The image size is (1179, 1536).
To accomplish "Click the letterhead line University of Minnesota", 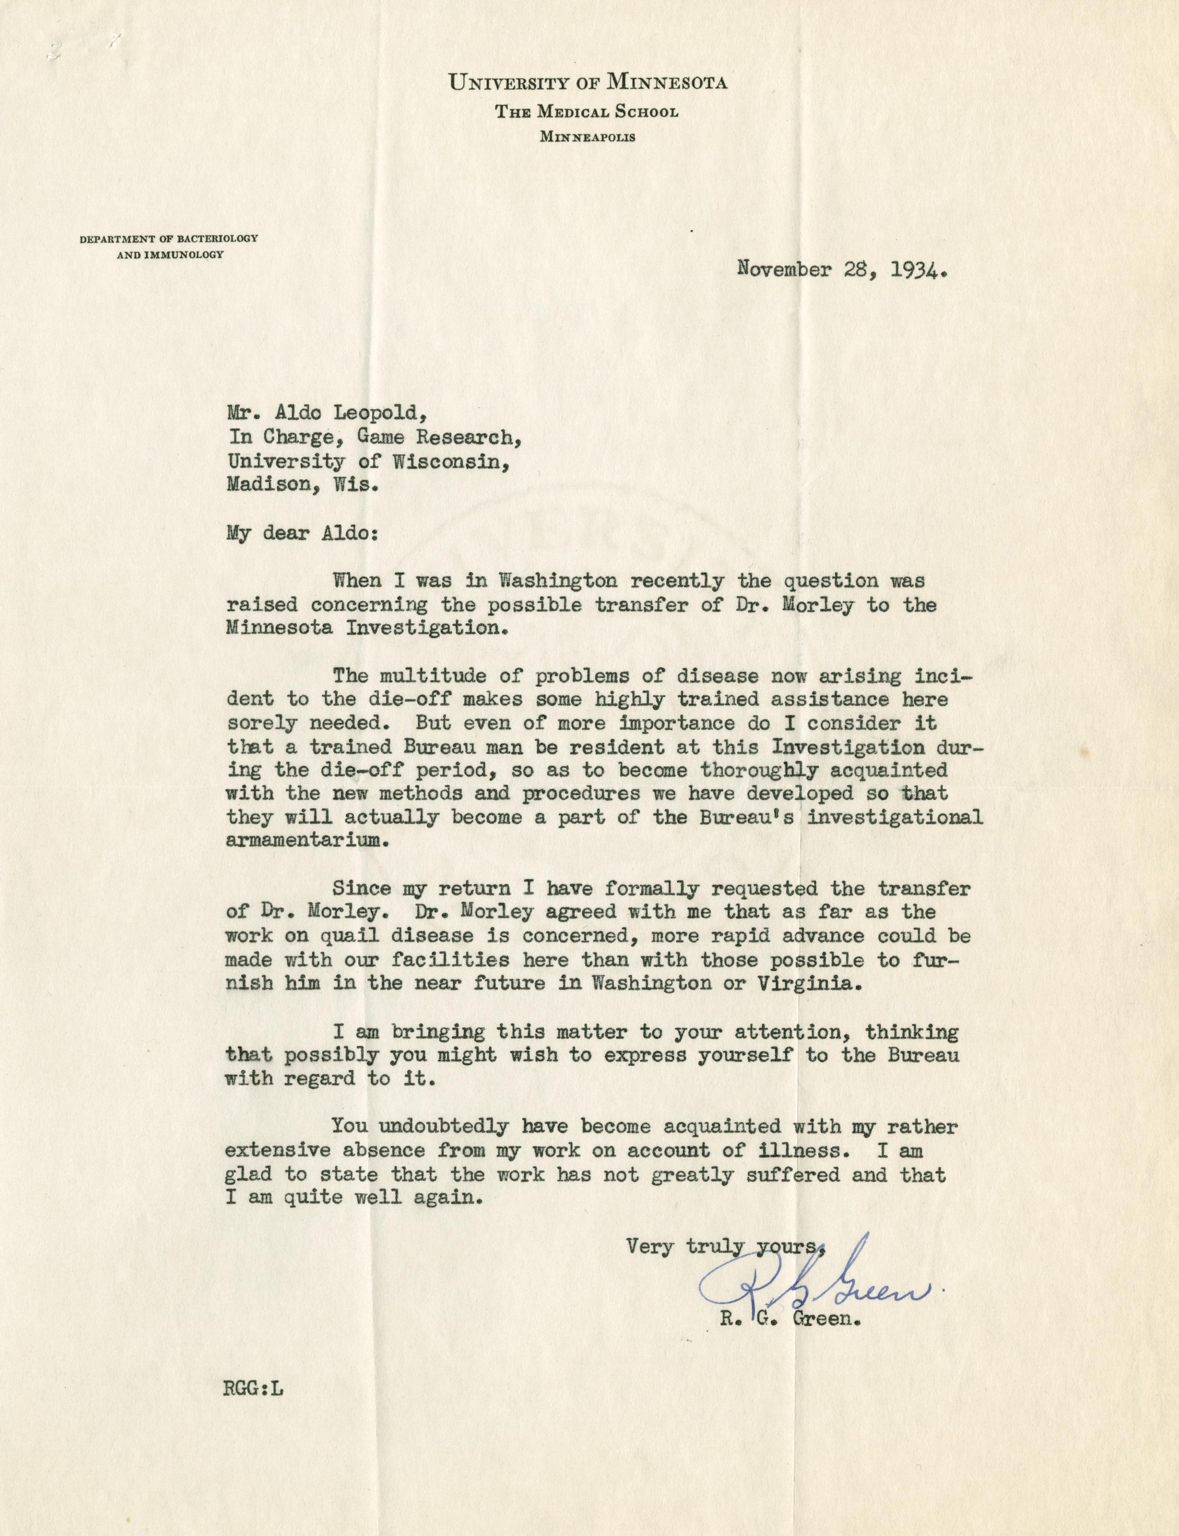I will click(x=588, y=83).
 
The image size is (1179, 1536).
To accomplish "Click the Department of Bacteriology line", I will click(x=169, y=239).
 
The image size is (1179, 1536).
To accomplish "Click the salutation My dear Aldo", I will click(x=302, y=533).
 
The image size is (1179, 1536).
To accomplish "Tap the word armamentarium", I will click(x=307, y=842).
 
